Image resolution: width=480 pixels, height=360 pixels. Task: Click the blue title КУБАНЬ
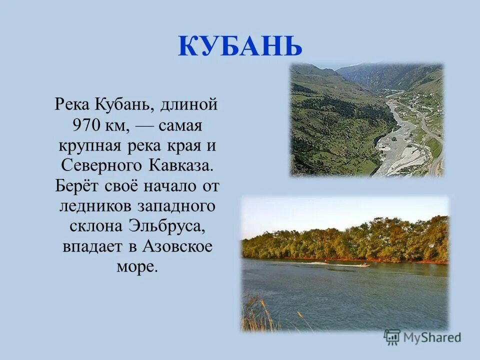pos(240,46)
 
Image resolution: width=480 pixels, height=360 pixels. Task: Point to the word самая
pos(180,125)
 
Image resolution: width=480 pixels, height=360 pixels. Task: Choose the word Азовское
pos(177,248)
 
